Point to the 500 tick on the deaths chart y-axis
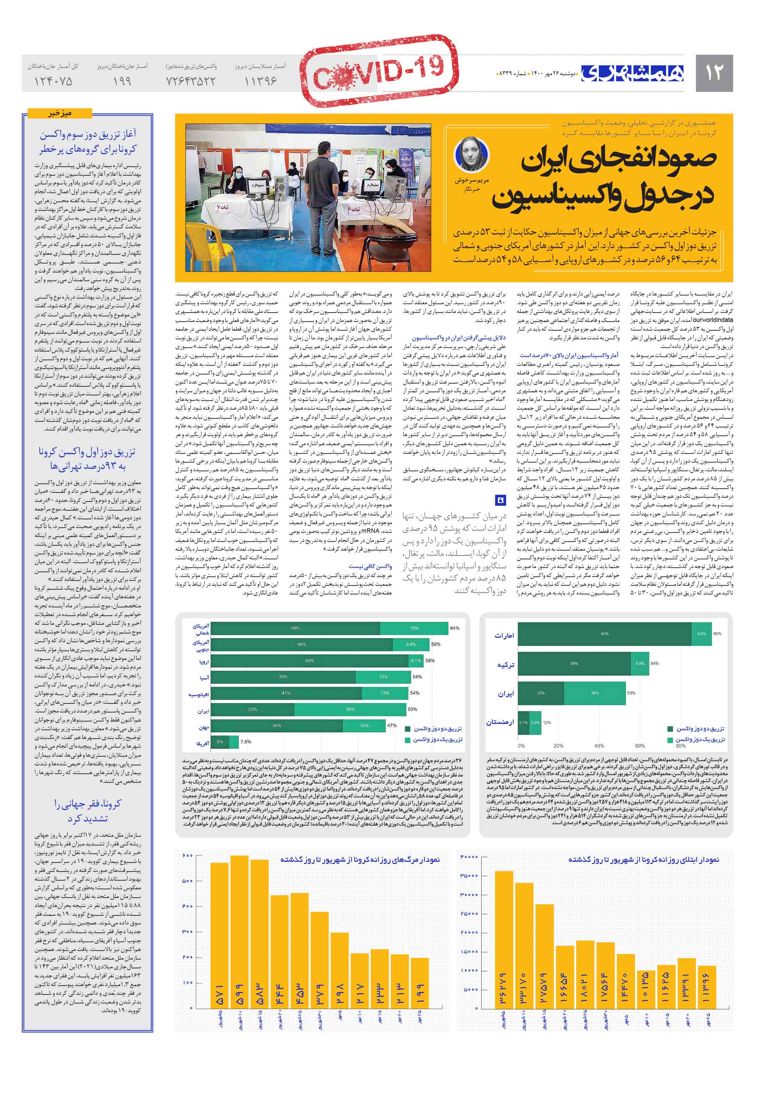(x=187, y=881)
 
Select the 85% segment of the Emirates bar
(x=604, y=634)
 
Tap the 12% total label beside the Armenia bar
(x=547, y=722)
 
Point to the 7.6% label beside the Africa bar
(x=245, y=741)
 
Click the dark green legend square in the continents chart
(x=408, y=729)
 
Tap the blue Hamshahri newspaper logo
(x=632, y=73)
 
